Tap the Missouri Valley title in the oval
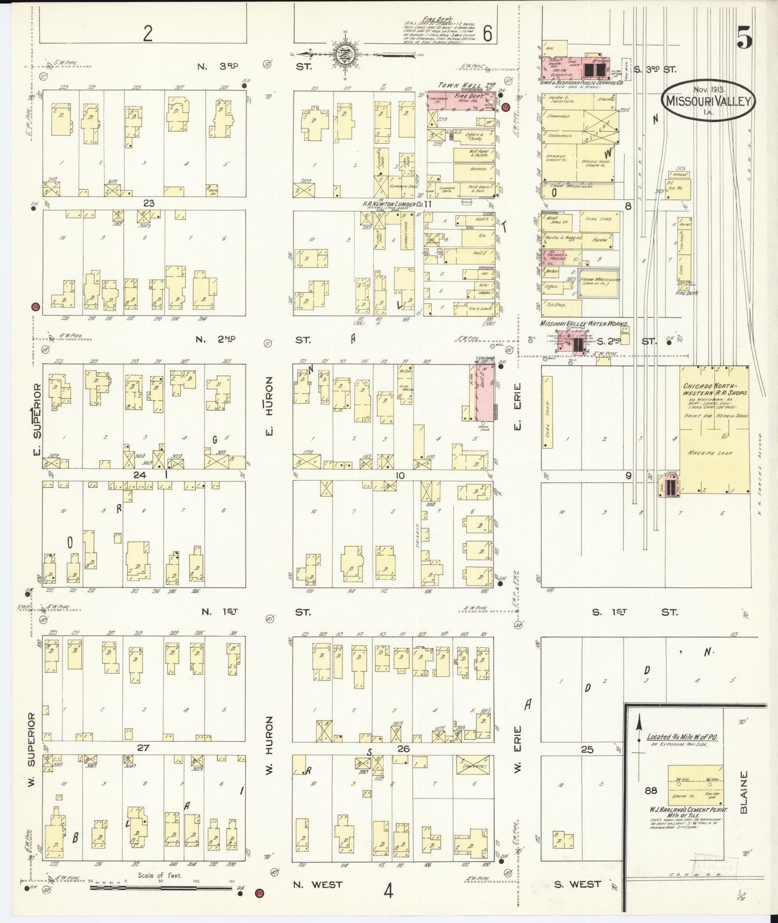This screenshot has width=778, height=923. (709, 101)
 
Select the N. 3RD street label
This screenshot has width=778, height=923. (218, 67)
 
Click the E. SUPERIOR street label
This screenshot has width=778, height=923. (37, 418)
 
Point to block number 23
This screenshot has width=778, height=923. (149, 203)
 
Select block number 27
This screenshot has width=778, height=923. (143, 748)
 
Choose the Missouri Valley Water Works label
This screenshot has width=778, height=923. (584, 324)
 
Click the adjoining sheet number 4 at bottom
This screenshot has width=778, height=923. (388, 891)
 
